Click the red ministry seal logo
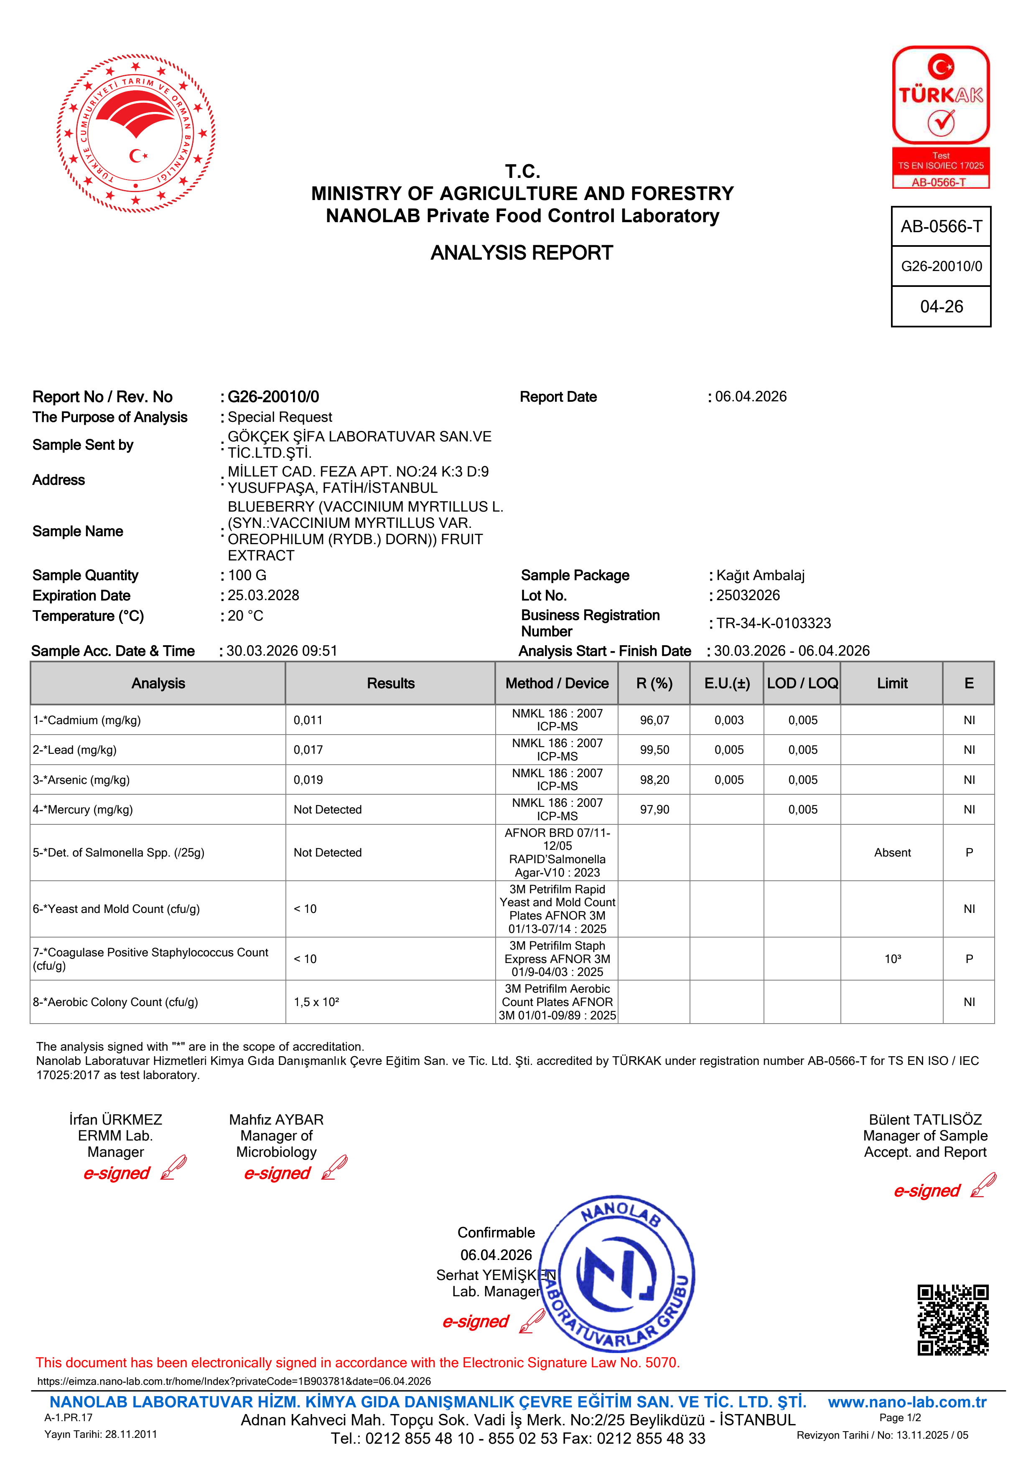(x=136, y=133)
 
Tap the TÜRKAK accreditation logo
(x=940, y=117)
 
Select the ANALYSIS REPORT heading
(x=522, y=253)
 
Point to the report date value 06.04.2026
(x=751, y=396)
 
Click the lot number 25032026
(x=748, y=596)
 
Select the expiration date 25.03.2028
(x=263, y=596)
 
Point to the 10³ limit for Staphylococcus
(x=892, y=959)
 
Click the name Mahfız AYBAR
(x=276, y=1120)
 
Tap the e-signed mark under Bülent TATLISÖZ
(x=927, y=1191)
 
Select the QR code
(x=952, y=1320)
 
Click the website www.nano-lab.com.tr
(x=906, y=1402)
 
